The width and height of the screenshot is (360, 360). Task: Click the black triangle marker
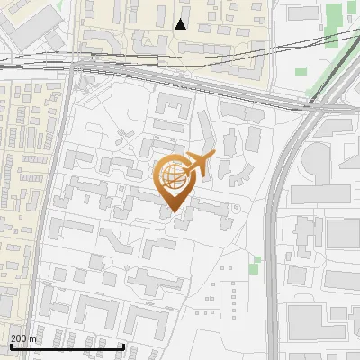click(x=181, y=24)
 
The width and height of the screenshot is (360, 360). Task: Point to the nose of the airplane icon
click(x=213, y=157)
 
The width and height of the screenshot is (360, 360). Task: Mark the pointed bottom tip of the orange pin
click(x=173, y=213)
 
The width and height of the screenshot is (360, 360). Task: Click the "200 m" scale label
click(x=23, y=338)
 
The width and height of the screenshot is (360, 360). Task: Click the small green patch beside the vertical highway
click(x=256, y=261)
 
